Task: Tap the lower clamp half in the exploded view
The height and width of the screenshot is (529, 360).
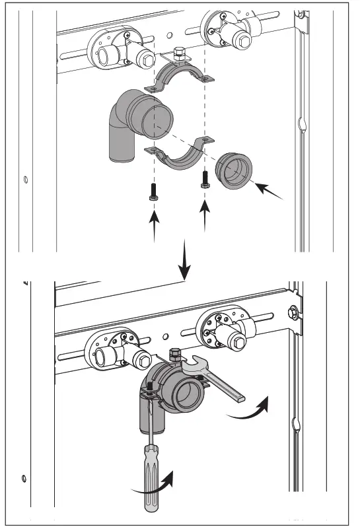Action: point(182,157)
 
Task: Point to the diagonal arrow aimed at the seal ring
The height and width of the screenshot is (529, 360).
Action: point(271,192)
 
